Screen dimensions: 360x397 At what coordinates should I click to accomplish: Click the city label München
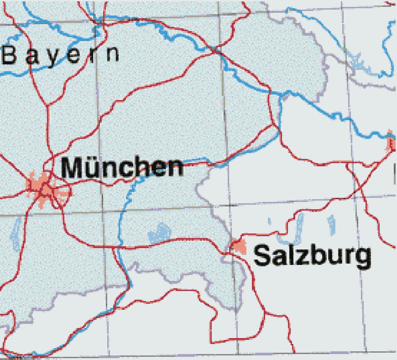pos(122,167)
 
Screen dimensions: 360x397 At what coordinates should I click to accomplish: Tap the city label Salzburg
pos(312,256)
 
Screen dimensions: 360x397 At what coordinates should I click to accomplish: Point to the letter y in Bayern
pos(53,56)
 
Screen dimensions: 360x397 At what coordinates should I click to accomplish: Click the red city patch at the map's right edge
pos(390,143)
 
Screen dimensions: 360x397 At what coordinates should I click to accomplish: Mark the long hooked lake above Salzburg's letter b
pos(299,228)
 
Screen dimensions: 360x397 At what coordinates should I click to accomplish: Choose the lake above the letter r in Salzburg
pos(331,224)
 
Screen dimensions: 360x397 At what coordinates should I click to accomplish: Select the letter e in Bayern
pos(74,55)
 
